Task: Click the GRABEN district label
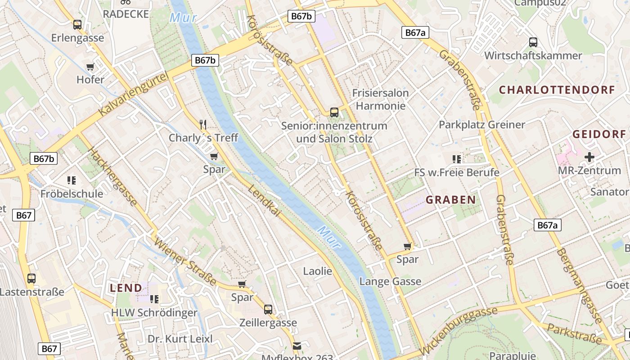click(x=450, y=200)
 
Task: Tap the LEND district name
click(x=126, y=288)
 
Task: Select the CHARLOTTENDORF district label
click(x=557, y=90)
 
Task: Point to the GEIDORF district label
click(x=599, y=134)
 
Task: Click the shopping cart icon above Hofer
click(x=90, y=67)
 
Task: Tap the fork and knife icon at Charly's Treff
click(x=203, y=125)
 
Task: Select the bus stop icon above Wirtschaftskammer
click(x=533, y=42)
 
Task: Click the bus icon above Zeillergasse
click(x=268, y=310)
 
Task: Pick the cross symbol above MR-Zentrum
click(x=589, y=157)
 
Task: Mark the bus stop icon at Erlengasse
click(x=77, y=25)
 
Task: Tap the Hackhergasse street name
click(x=114, y=176)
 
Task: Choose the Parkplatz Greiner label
click(x=482, y=125)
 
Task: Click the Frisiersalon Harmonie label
click(x=380, y=99)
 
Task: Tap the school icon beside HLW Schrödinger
click(x=154, y=299)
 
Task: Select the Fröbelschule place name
click(x=72, y=194)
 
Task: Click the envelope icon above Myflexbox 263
click(x=297, y=346)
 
